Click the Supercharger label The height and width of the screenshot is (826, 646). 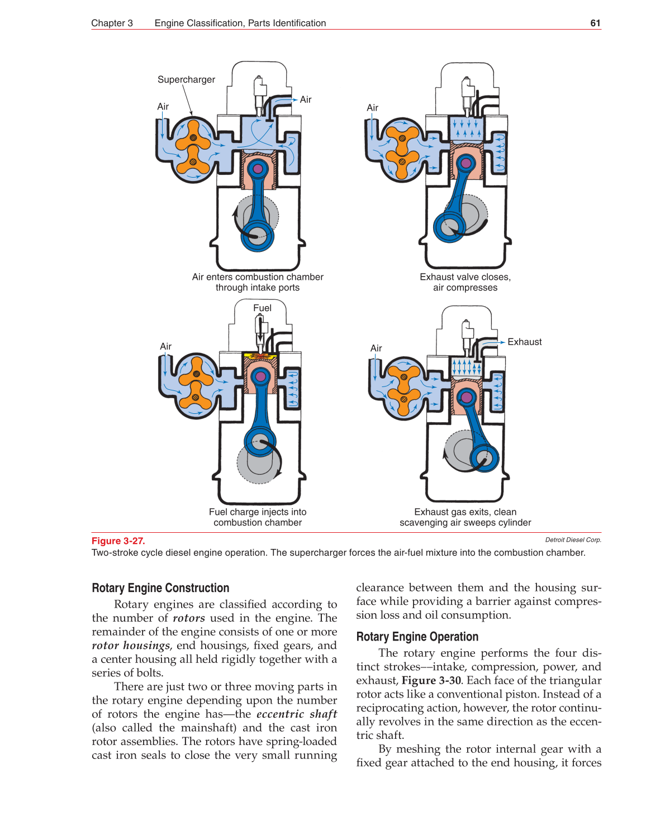point(186,79)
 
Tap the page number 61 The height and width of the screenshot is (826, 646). point(595,23)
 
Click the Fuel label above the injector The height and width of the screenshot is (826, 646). point(262,308)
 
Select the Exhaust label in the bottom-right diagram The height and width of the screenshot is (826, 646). point(524,342)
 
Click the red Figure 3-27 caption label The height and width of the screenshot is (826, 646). point(118,541)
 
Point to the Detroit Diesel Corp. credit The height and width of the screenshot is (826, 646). point(573,539)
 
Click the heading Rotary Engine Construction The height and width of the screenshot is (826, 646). point(160,588)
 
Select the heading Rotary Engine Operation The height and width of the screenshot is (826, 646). point(417,637)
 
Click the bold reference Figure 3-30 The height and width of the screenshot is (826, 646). point(431,680)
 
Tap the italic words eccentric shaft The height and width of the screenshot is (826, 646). point(296,714)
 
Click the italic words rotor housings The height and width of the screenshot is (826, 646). point(131,646)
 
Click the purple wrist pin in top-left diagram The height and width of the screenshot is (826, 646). point(258,168)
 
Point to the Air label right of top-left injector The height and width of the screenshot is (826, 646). point(305,99)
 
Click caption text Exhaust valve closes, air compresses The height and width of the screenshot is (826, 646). point(465,282)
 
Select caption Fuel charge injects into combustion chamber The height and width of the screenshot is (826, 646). point(258,517)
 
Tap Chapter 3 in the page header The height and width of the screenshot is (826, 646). point(112,23)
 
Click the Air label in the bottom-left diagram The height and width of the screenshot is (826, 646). point(165,346)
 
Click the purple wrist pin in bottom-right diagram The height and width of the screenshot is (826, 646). point(465,398)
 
